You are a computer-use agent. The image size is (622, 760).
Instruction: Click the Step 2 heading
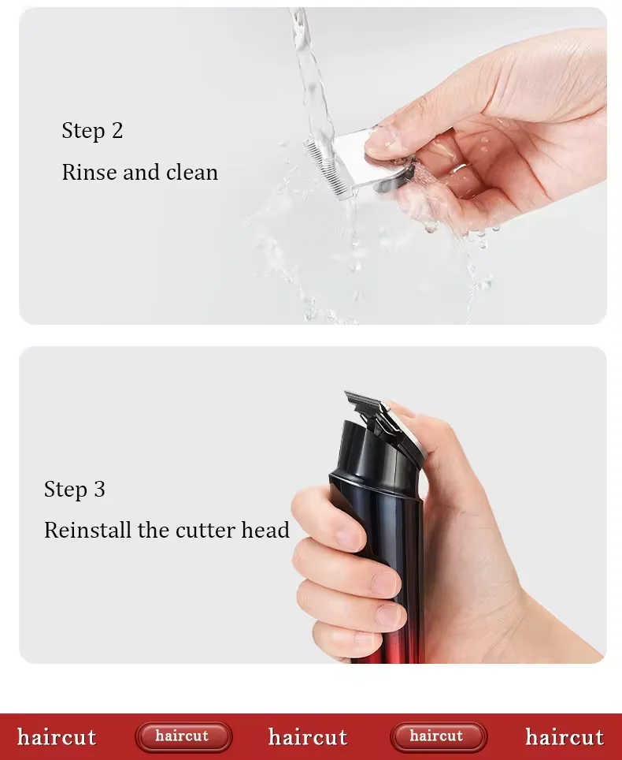(x=92, y=130)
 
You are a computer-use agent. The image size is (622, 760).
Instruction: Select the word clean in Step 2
(x=191, y=172)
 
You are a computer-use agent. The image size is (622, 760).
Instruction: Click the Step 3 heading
(x=75, y=489)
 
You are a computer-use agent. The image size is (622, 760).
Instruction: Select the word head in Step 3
(x=265, y=530)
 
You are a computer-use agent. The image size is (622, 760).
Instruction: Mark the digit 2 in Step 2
(x=117, y=130)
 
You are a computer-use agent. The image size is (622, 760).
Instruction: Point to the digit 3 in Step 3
(x=100, y=489)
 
